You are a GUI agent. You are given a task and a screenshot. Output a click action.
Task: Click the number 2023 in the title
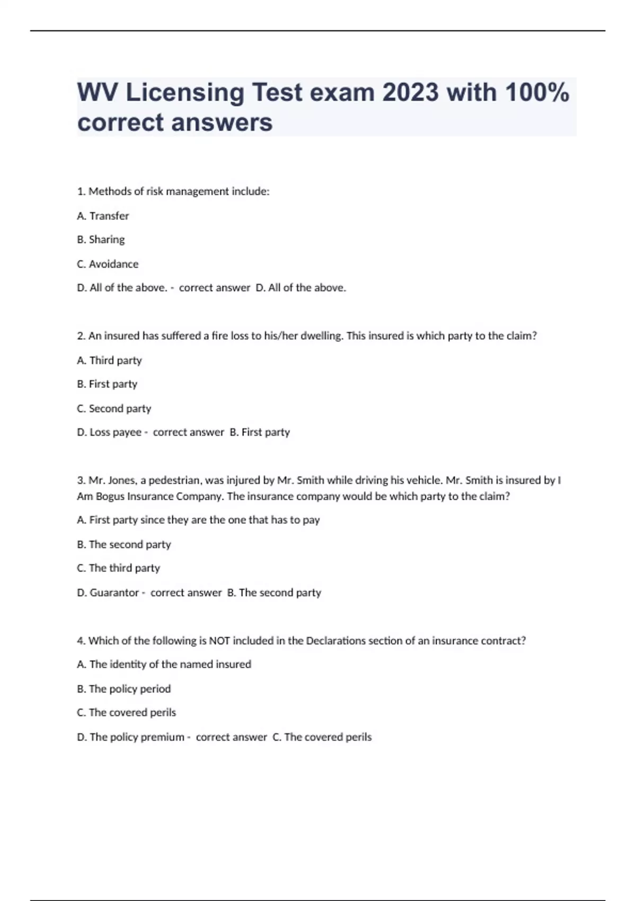click(410, 93)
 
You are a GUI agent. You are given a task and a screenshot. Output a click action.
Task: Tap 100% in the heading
click(537, 93)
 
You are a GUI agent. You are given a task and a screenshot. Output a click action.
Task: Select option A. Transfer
click(103, 216)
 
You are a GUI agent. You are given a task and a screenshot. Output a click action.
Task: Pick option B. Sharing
click(101, 240)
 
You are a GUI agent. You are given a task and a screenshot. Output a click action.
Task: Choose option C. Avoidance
click(108, 264)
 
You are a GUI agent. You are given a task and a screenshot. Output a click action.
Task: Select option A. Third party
click(109, 360)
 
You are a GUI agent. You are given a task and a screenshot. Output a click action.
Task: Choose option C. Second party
click(114, 409)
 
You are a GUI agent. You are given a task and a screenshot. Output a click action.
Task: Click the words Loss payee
click(115, 432)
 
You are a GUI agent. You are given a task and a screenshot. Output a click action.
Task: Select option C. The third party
click(118, 568)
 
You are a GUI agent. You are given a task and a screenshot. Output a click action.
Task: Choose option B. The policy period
click(123, 689)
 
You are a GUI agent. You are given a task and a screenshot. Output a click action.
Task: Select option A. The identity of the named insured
click(164, 665)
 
